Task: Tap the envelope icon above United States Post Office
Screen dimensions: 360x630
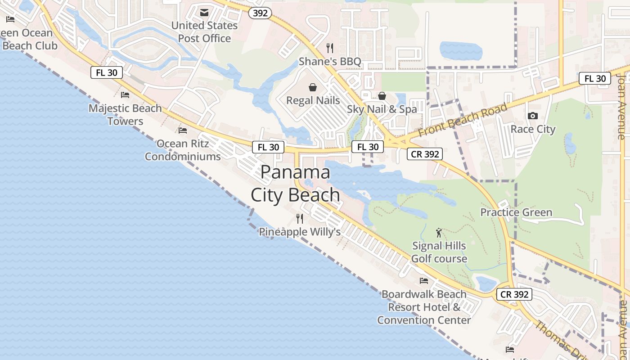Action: (204, 12)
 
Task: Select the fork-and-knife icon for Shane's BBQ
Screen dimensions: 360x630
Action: (330, 48)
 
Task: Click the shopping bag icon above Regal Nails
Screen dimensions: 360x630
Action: (313, 87)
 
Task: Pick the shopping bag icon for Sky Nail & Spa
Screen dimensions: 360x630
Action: (382, 96)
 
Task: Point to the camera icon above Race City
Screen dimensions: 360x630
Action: (533, 116)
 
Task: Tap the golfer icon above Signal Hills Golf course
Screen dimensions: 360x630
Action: (439, 233)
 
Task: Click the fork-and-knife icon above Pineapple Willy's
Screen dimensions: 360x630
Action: (300, 219)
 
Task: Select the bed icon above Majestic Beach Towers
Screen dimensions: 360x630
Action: (125, 95)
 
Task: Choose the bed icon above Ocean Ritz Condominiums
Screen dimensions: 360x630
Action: (183, 130)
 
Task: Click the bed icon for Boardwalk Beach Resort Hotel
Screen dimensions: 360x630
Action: (424, 281)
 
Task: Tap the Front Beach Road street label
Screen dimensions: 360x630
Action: (463, 120)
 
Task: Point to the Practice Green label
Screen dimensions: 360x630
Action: (516, 212)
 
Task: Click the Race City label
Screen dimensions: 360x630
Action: (533, 129)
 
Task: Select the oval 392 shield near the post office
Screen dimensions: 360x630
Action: (260, 13)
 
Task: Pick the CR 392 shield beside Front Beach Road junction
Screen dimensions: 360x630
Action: (425, 154)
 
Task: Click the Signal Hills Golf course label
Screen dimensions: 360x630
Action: (439, 252)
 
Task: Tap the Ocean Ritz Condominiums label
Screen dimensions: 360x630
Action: (183, 150)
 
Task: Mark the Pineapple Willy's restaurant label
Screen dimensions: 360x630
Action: (300, 232)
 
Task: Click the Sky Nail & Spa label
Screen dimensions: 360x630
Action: (382, 109)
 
